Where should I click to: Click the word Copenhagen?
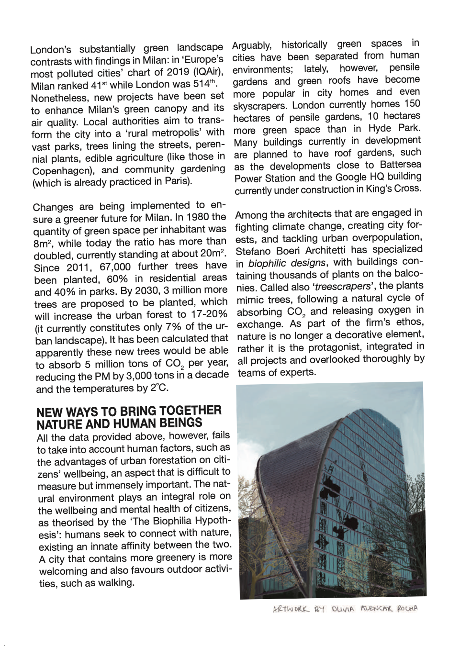point(60,171)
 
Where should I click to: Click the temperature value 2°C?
point(159,388)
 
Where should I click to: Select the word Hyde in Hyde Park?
point(379,129)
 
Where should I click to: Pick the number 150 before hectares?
point(412,104)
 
